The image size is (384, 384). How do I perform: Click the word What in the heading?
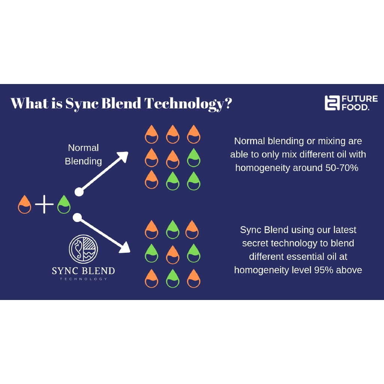(30, 103)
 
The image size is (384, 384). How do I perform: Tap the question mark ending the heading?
(228, 103)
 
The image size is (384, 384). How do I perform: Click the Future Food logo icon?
(331, 103)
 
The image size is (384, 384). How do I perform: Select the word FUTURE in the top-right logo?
(360, 99)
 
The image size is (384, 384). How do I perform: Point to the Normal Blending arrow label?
(83, 154)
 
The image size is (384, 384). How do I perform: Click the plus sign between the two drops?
(44, 205)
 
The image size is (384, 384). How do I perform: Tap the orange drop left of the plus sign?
(25, 204)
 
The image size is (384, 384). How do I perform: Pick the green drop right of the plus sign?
(64, 204)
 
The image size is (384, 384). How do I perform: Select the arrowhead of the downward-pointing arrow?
(125, 248)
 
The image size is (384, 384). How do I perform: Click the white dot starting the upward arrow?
(79, 192)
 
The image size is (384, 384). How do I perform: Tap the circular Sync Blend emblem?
(83, 249)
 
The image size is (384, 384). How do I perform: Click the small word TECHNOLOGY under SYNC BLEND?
(83, 279)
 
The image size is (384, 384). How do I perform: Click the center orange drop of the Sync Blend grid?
(172, 255)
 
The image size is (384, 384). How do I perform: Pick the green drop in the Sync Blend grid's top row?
(172, 229)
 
